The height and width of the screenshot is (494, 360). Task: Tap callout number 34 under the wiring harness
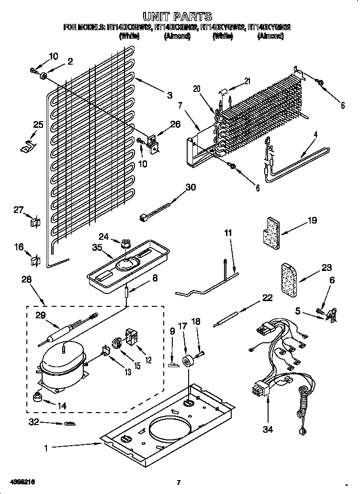point(267,429)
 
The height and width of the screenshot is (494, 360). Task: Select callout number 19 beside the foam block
point(312,221)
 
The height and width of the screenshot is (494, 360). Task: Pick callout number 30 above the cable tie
point(191,187)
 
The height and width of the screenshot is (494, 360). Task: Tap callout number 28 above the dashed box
point(26,279)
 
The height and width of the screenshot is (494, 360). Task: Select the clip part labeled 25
point(27,146)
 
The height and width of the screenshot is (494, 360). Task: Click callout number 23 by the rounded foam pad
point(326,268)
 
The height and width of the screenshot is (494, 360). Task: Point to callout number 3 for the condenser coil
point(169,95)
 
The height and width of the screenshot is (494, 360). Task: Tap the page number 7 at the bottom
point(178,482)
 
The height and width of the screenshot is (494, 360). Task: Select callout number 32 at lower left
point(33,423)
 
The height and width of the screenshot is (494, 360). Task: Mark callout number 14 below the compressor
point(62,405)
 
